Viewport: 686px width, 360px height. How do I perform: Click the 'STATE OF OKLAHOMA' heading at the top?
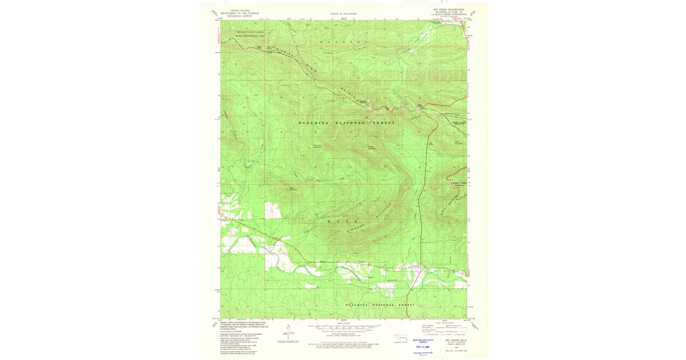click(x=344, y=13)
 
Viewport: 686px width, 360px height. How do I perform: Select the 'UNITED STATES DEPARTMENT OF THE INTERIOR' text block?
click(x=240, y=13)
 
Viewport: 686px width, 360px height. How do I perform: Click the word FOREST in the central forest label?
click(x=384, y=123)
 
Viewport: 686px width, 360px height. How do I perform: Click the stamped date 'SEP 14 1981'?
click(x=422, y=346)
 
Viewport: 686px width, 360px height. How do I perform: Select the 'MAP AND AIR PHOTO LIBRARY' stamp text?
click(x=424, y=341)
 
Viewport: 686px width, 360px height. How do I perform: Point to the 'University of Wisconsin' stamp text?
click(x=423, y=353)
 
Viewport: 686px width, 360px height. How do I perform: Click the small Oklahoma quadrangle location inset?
click(x=402, y=338)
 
